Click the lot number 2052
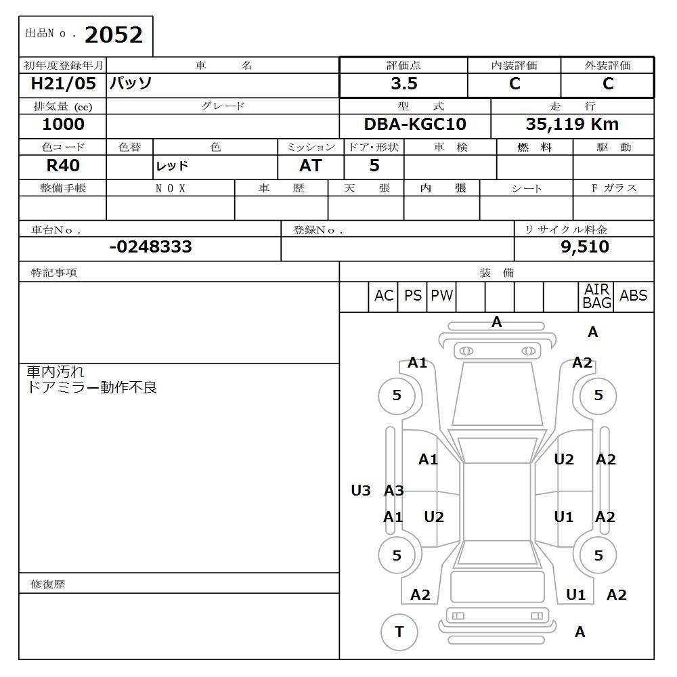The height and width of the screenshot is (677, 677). tap(114, 35)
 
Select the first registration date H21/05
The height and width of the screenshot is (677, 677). tap(64, 84)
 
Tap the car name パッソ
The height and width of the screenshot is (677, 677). tap(131, 84)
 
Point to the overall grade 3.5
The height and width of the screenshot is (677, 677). tap(403, 84)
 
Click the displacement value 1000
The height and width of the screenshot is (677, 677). tap(63, 125)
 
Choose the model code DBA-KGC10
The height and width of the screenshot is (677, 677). tap(415, 125)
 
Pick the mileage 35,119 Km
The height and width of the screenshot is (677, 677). tap(572, 125)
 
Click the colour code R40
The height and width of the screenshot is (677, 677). tap(63, 166)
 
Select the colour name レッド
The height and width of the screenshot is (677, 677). tap(172, 166)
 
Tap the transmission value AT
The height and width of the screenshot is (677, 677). tap(311, 166)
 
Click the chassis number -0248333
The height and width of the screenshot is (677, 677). tap(150, 247)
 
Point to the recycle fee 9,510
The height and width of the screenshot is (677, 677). tap(585, 247)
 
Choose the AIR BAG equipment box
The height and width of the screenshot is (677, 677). tap(596, 297)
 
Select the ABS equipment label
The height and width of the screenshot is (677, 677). tap(633, 296)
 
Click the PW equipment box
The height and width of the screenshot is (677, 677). tap(442, 296)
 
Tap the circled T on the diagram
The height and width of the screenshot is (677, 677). tap(399, 632)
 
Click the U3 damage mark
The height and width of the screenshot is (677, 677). tap(361, 491)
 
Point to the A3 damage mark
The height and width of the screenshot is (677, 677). tap(394, 491)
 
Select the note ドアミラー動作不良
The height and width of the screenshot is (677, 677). tap(91, 388)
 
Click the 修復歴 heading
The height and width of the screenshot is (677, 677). tap(48, 584)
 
